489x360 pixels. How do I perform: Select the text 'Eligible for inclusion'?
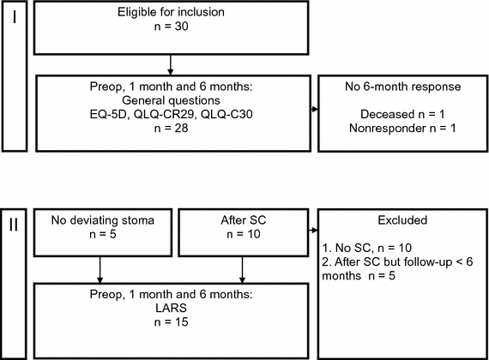(172, 13)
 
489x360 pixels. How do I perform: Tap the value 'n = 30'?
(172, 27)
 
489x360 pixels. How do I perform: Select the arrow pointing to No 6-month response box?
(313, 110)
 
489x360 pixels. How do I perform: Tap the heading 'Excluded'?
(401, 220)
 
